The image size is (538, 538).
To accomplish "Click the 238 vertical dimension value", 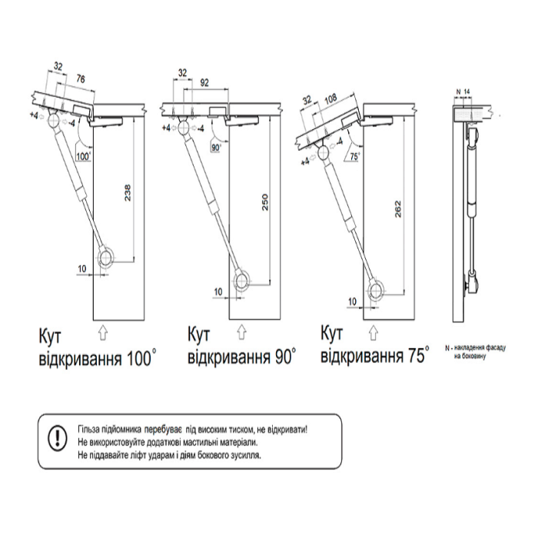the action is click(x=128, y=193).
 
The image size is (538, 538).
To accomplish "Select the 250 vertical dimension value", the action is click(x=265, y=202).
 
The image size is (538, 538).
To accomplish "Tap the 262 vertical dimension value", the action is click(x=398, y=208).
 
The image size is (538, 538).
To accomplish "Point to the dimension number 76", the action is click(x=80, y=79).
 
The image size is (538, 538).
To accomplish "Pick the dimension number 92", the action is click(x=204, y=83).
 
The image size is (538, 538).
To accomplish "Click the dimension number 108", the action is click(x=330, y=99).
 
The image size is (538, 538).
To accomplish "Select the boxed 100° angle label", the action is click(x=83, y=157).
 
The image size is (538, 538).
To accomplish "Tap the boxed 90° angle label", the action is click(x=217, y=148).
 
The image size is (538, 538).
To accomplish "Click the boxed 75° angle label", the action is click(x=355, y=157).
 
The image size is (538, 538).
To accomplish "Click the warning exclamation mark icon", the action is click(x=58, y=438).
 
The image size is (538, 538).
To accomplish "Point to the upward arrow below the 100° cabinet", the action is click(x=102, y=333).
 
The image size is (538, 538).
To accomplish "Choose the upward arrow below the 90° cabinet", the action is click(x=242, y=332).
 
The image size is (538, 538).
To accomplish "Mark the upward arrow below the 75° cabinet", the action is click(x=373, y=333).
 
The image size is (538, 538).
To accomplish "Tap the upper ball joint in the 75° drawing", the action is click(x=324, y=153).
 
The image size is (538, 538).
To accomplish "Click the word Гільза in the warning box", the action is click(x=89, y=429).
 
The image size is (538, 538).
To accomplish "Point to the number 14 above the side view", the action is click(x=467, y=91).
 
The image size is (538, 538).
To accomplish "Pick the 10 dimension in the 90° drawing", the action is click(x=218, y=292).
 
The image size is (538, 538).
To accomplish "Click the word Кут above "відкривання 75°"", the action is click(x=331, y=334).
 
